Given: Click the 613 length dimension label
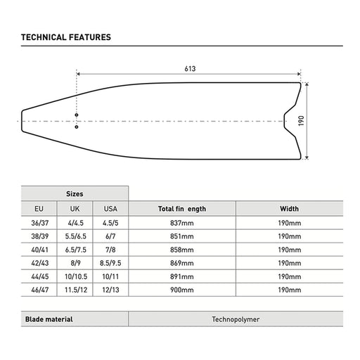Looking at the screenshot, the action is point(190,69).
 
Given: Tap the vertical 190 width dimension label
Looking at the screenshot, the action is point(301,121).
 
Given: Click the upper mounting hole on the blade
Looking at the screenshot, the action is point(77,115).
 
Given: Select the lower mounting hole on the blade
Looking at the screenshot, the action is point(77,127).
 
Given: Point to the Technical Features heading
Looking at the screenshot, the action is point(66,37).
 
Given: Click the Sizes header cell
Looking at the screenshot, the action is point(75,194).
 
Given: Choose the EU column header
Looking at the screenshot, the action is point(39,209).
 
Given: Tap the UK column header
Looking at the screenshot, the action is point(75,209).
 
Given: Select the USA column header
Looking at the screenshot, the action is point(110,209).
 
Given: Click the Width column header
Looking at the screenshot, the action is point(289,209).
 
